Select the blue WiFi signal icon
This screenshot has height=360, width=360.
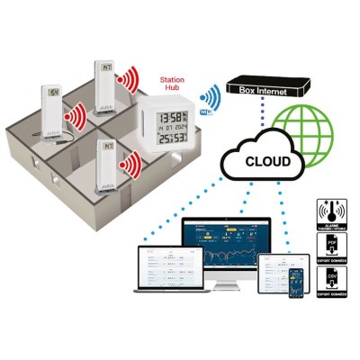[x=210, y=97]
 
